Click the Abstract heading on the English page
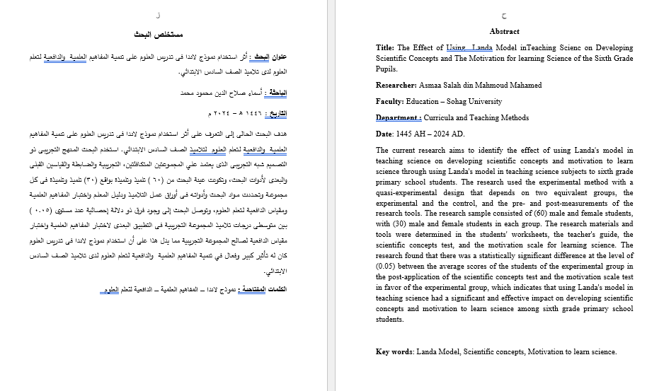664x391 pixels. point(504,31)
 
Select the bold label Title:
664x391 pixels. point(385,48)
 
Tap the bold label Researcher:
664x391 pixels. point(397,85)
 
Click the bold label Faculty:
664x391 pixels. point(390,102)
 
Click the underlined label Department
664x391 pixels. point(399,118)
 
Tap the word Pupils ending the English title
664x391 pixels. point(386,69)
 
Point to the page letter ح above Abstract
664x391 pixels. point(504,15)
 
